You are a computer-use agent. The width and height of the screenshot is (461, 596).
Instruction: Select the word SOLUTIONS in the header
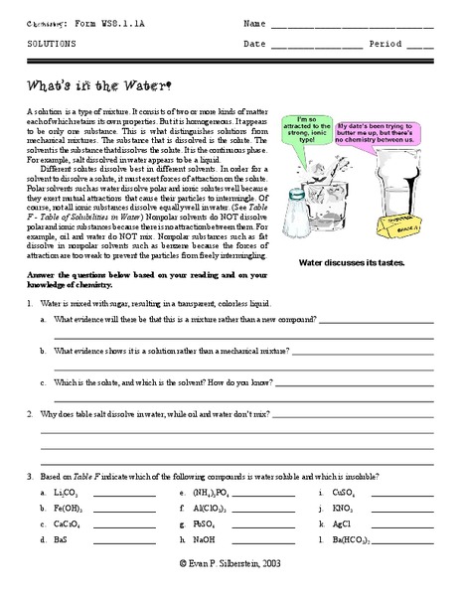(x=49, y=45)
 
